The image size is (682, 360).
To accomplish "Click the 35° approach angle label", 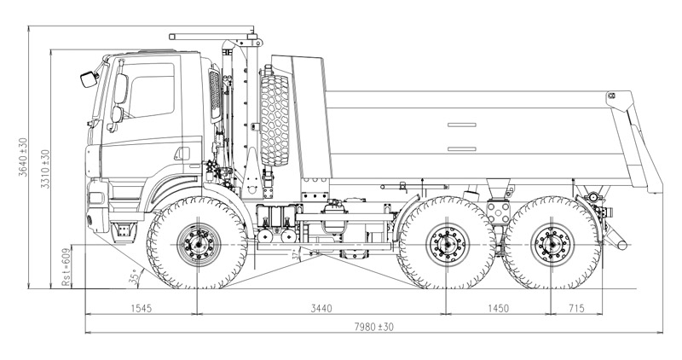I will (x=133, y=276).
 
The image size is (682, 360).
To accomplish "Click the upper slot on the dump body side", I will (x=463, y=125).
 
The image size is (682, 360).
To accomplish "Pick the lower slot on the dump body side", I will (x=463, y=149).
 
